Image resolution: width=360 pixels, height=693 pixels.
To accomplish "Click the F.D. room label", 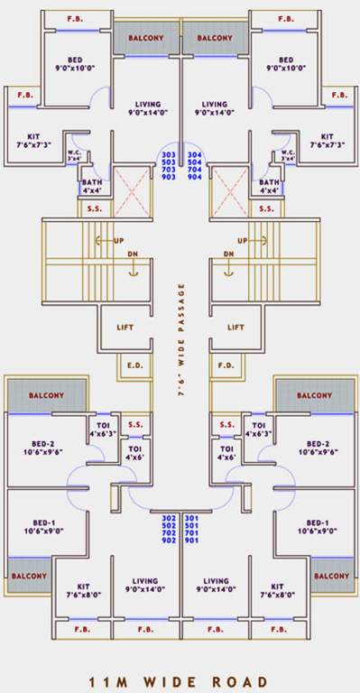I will point(226,366).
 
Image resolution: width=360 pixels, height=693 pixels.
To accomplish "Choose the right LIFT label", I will point(235,328).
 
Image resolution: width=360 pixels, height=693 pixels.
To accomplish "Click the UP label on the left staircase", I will point(119,241).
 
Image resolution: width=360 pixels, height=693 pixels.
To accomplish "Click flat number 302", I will point(168,517).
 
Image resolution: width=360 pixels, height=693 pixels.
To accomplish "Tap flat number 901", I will point(191,540).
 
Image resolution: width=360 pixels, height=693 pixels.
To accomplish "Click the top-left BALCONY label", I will point(144,38).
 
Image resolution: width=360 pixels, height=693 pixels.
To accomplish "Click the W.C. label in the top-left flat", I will point(75,155).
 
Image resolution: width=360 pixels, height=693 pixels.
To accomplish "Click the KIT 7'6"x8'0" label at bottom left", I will point(82,590).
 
